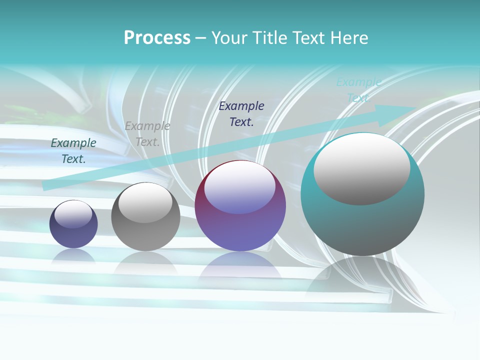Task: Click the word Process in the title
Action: (157, 38)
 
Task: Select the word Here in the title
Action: (348, 38)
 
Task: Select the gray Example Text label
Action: (147, 134)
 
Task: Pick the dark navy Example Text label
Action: (241, 114)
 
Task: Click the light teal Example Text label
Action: (358, 90)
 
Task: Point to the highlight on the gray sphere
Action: (145, 203)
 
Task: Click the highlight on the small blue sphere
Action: (73, 214)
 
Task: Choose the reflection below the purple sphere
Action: (240, 265)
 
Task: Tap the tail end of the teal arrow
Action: (45, 186)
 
